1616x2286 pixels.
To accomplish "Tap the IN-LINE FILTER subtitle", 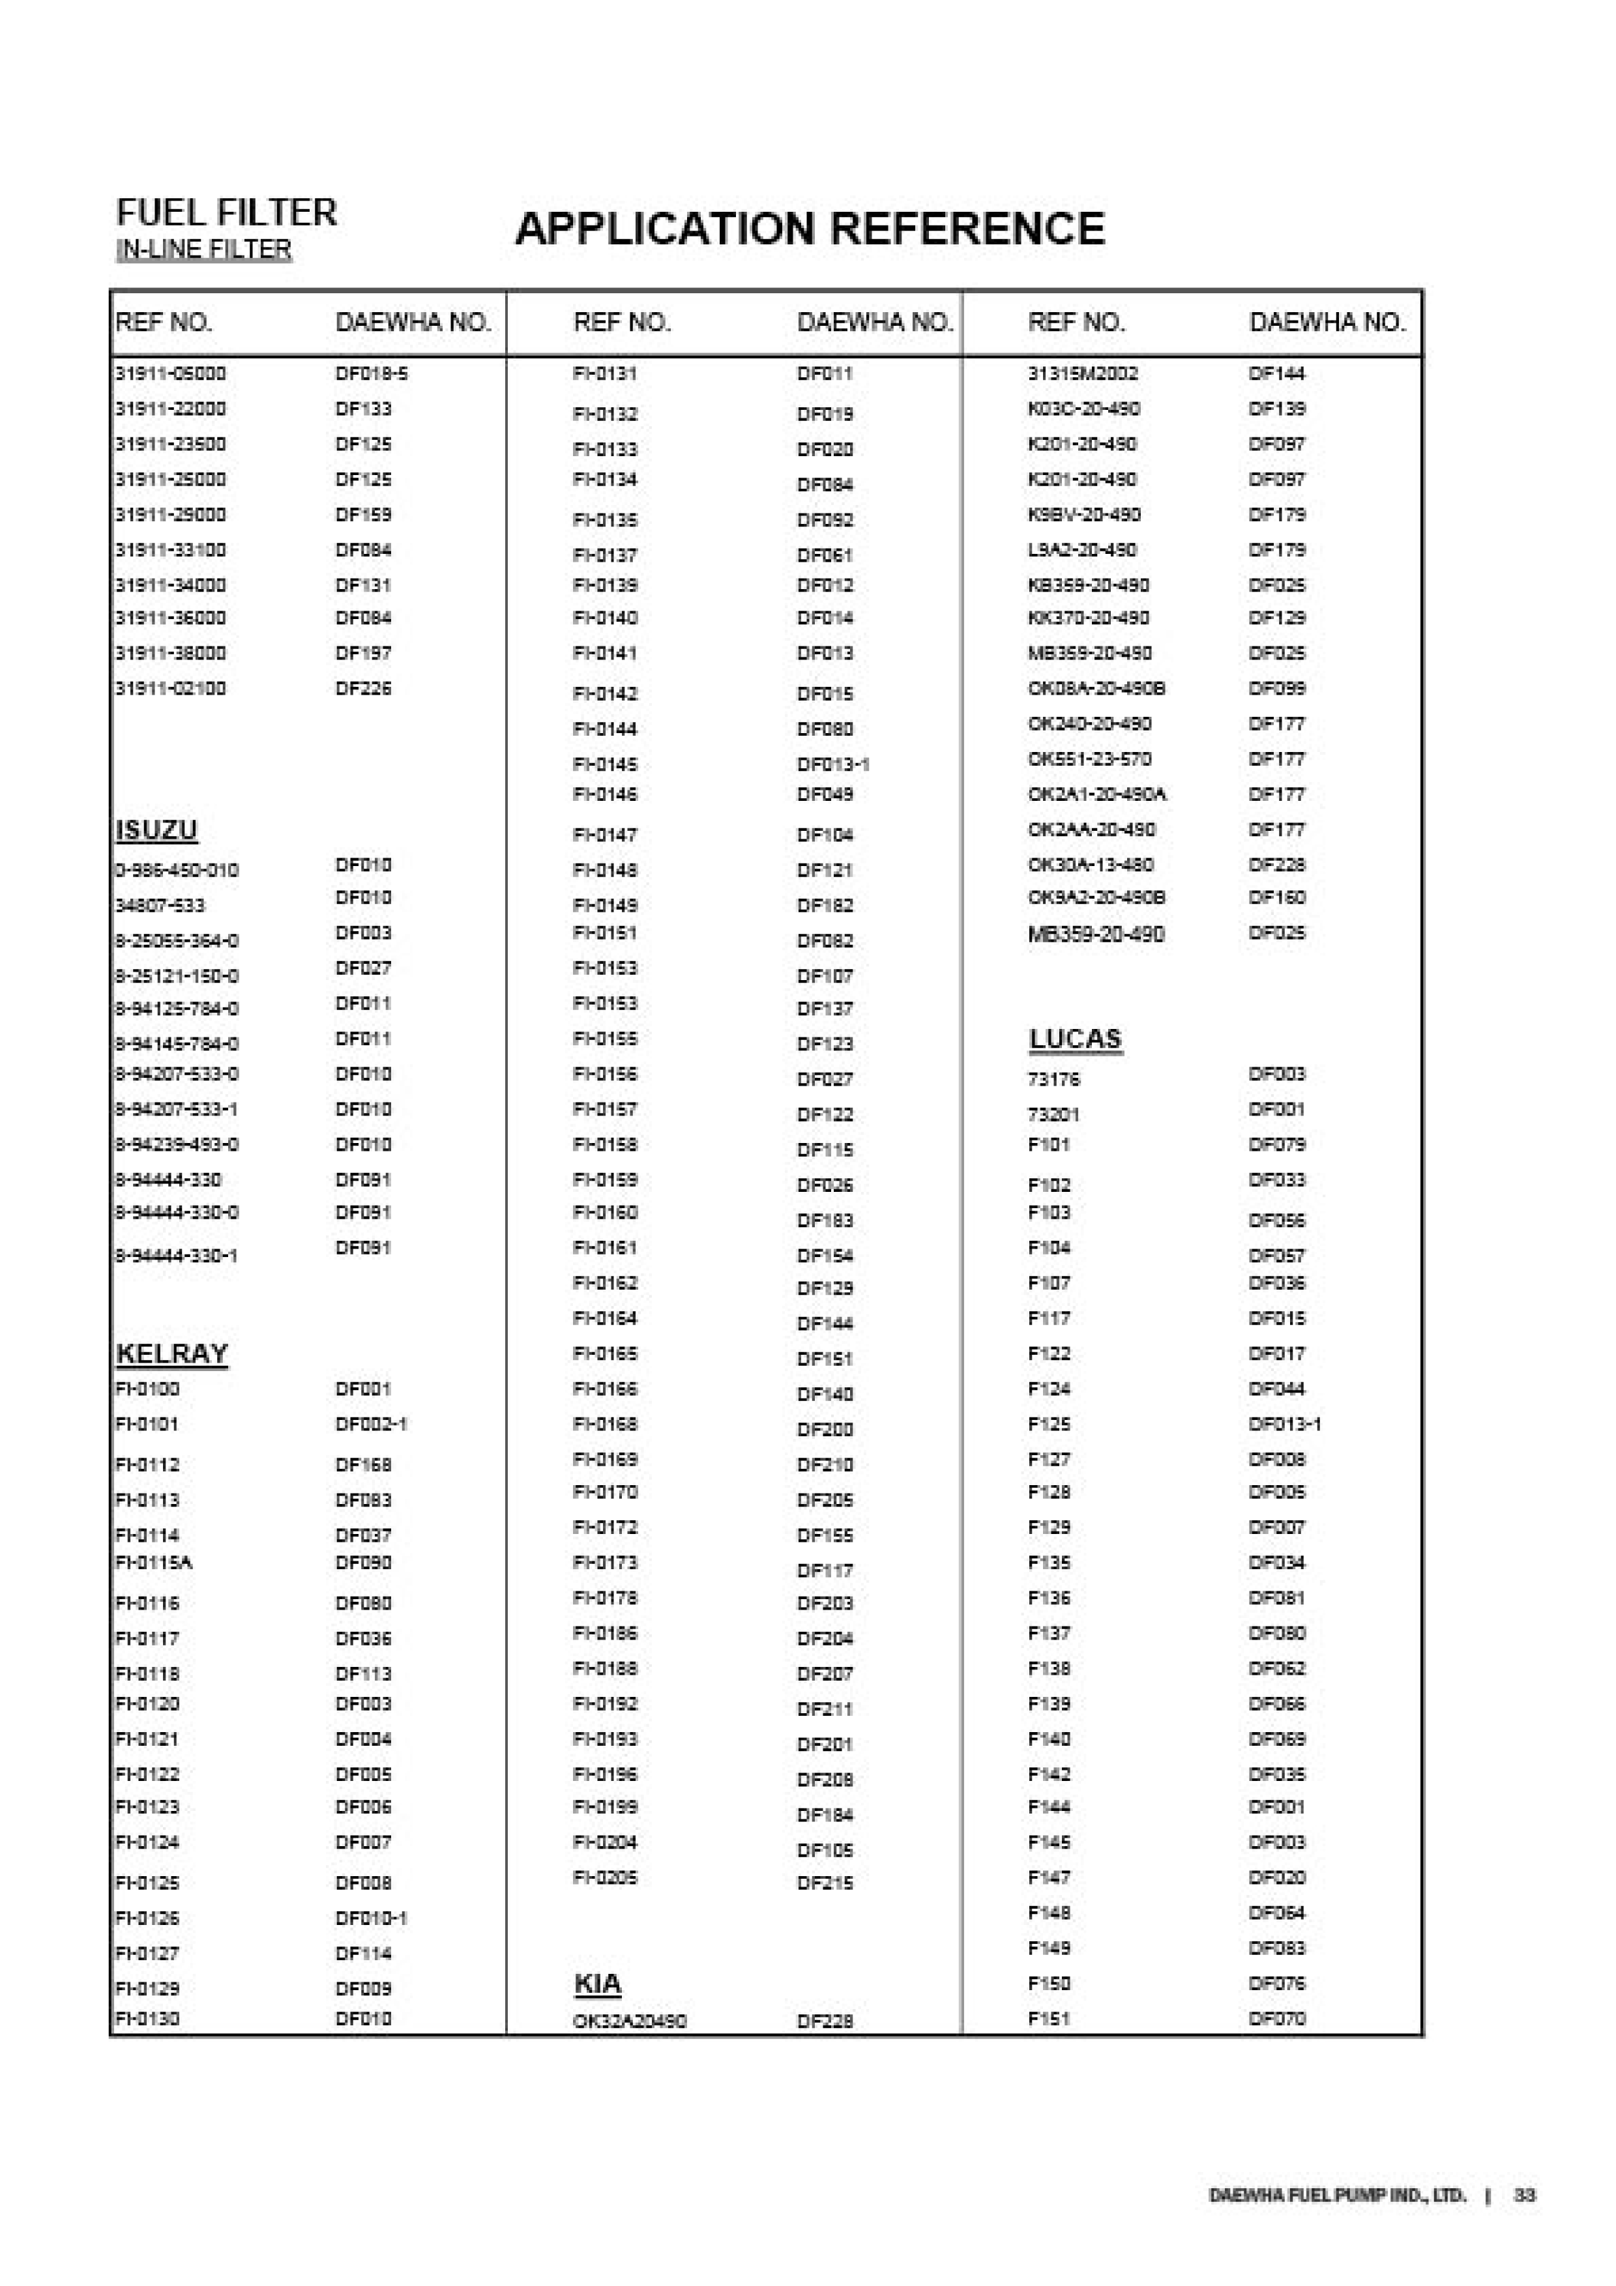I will pos(203,249).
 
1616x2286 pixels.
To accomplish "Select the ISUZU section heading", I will pos(156,830).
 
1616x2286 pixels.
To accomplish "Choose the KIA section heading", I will pos(597,1984).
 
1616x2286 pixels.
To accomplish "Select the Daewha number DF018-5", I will pos(372,373).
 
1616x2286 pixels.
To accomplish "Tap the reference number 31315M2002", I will pos(1082,373).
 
